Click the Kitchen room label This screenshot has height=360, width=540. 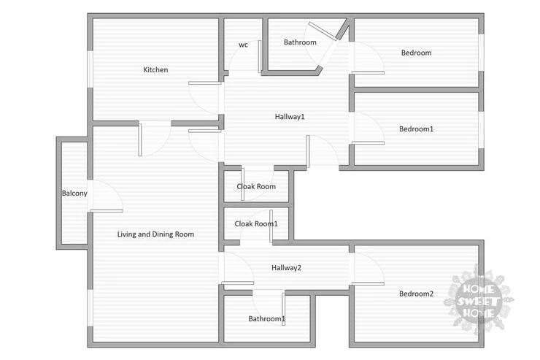(155, 69)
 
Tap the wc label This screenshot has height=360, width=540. (243, 45)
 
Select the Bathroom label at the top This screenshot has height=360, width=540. (300, 42)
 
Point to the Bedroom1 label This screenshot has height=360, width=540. (416, 129)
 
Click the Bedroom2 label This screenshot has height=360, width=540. (416, 294)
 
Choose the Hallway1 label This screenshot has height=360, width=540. (290, 117)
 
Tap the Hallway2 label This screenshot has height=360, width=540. (286, 268)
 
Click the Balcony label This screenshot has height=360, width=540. (74, 194)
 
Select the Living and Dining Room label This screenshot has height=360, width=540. (155, 234)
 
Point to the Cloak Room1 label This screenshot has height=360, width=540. (256, 223)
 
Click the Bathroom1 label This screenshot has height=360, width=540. (266, 318)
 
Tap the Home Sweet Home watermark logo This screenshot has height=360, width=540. (479, 300)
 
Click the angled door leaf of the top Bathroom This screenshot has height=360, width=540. (323, 31)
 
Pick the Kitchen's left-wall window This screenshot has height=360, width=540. (90, 69)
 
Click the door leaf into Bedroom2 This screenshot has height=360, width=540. (368, 283)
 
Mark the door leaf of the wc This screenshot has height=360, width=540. (260, 56)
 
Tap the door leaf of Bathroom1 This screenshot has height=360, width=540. (283, 309)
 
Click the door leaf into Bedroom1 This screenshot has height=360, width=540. (368, 142)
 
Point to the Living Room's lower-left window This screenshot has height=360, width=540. (90, 308)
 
